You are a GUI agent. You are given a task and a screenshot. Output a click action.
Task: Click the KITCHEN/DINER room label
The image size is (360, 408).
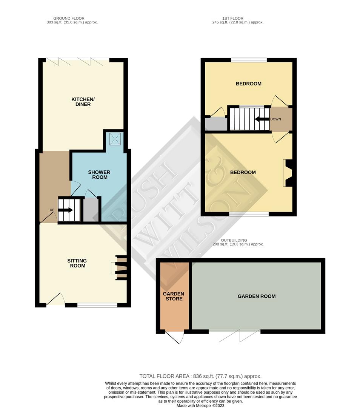[x=83, y=102]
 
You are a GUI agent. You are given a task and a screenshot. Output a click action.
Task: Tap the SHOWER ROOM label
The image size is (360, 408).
[x=99, y=175]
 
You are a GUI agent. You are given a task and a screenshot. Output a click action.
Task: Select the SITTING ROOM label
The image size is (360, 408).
[x=77, y=263]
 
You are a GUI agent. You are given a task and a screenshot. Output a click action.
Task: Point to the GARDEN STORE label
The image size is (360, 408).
[x=174, y=296]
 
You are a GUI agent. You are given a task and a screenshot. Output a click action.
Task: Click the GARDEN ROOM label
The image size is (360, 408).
[x=257, y=296]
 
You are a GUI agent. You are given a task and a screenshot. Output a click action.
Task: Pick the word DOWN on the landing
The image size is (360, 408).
[x=275, y=119]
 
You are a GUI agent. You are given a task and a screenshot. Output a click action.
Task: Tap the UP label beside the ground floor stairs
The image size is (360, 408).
[x=52, y=210]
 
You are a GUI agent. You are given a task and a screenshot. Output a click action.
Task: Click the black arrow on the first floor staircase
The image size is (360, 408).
[x=262, y=119]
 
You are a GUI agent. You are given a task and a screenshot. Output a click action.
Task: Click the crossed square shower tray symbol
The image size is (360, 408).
[x=115, y=139]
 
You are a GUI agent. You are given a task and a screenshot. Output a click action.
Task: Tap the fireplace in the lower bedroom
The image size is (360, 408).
[x=288, y=173]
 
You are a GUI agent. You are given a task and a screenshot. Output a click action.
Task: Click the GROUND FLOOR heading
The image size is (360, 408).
[x=69, y=19]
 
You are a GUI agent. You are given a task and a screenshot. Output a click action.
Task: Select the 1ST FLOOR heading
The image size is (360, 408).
[x=233, y=19]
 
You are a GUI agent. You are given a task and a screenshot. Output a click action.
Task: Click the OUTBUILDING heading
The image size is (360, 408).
[x=234, y=240]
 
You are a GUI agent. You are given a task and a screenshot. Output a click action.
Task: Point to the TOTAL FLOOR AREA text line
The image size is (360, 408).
[x=200, y=376]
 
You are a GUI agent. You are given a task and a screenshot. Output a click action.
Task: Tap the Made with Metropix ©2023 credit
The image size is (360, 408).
[x=200, y=406]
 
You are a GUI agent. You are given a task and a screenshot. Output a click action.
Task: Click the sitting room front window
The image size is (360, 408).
[x=97, y=305]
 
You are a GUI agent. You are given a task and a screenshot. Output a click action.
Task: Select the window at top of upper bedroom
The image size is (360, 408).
[x=249, y=60]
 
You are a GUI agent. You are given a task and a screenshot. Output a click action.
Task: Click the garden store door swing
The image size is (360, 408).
[x=175, y=337]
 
